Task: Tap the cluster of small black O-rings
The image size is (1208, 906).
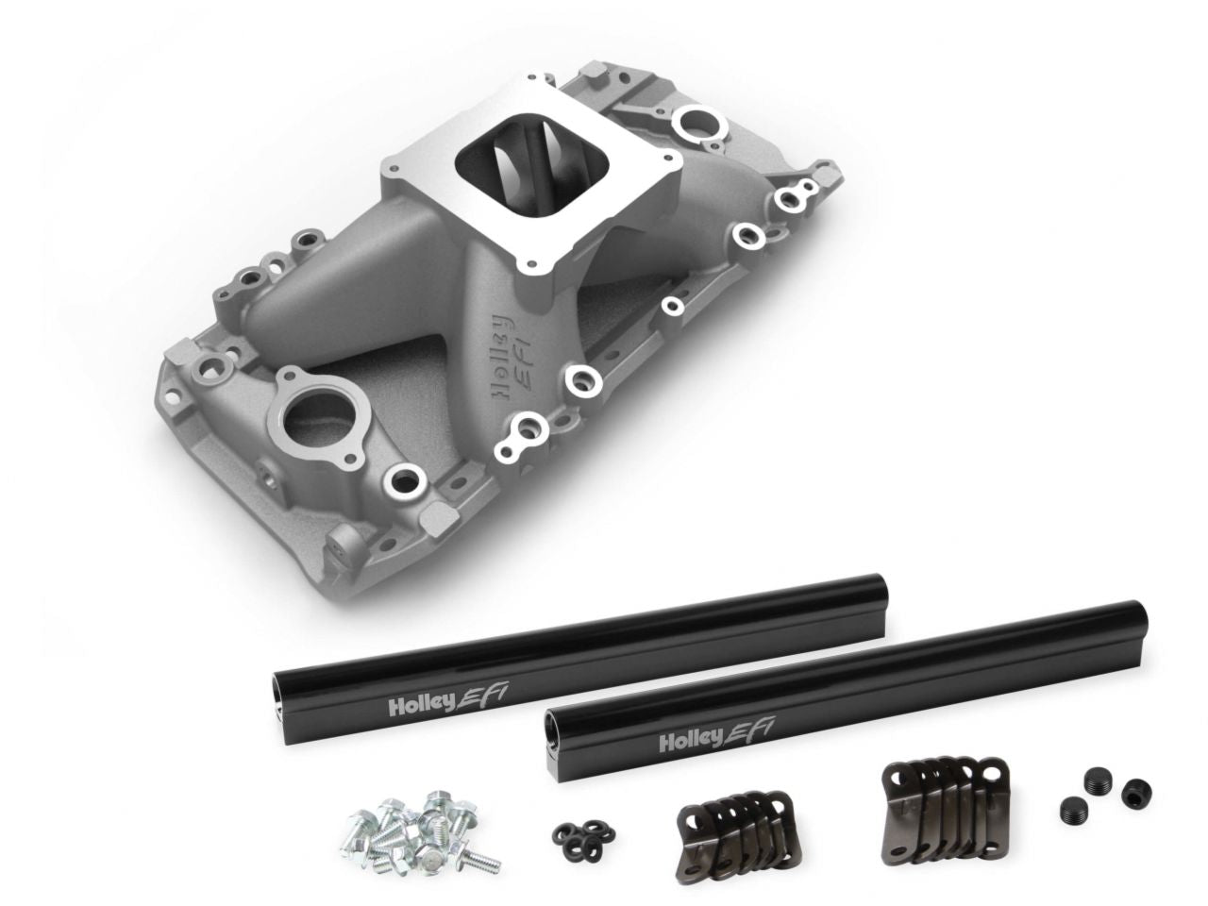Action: [x=578, y=830]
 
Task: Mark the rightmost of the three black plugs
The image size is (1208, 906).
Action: [x=1130, y=797]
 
